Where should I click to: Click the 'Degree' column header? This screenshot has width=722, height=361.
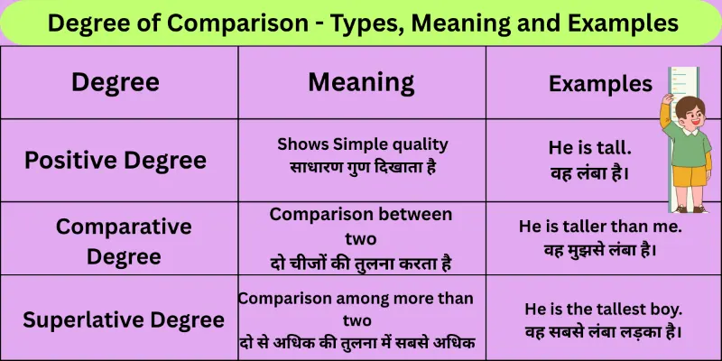pyautogui.click(x=115, y=83)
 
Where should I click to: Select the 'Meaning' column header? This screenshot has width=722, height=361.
pyautogui.click(x=361, y=82)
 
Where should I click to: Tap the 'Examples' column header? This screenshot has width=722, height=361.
pyautogui.click(x=600, y=84)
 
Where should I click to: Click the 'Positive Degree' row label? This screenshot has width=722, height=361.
pyautogui.click(x=115, y=161)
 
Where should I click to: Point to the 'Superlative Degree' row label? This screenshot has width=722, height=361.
pyautogui.click(x=124, y=319)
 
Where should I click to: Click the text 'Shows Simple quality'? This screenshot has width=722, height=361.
pyautogui.click(x=362, y=144)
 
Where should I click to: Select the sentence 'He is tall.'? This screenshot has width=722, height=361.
pyautogui.click(x=589, y=146)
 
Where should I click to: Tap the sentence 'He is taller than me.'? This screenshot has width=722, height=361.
pyautogui.click(x=600, y=227)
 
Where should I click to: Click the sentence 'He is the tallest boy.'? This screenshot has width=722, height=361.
pyautogui.click(x=603, y=309)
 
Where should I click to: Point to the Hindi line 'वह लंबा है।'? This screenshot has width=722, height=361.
pyautogui.click(x=589, y=170)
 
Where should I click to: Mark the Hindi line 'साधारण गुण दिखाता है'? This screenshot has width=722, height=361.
pyautogui.click(x=362, y=166)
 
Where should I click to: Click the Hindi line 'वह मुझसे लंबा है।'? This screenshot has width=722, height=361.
pyautogui.click(x=600, y=249)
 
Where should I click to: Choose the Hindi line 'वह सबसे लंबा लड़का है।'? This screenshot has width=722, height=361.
pyautogui.click(x=603, y=331)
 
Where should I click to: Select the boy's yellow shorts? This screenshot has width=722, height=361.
pyautogui.click(x=690, y=177)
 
